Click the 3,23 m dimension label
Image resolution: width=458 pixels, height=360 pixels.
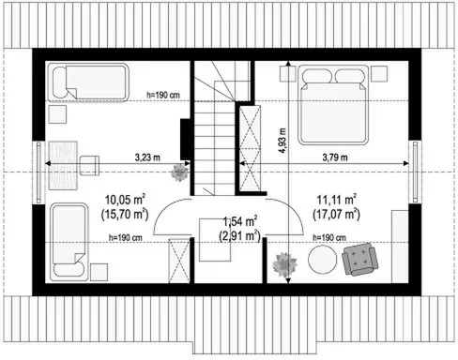pos(147,157)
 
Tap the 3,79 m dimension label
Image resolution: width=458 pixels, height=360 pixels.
pos(335,157)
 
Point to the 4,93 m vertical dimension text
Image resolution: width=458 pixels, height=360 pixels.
pos(282,141)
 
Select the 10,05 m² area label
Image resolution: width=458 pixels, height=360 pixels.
pos(125,200)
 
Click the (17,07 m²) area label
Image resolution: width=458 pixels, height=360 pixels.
pos(336,215)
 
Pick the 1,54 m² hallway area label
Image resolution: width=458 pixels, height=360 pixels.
pos(240,221)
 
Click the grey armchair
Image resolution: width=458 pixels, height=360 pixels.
pos(359,259)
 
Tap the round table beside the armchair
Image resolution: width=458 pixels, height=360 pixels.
pos(323,260)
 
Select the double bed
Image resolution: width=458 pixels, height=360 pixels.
pos(333,105)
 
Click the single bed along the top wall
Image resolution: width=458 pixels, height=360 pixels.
pos(87,82)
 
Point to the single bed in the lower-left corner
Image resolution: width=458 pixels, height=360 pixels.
pos(69,242)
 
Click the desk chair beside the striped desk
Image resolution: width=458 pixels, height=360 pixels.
pos(89,165)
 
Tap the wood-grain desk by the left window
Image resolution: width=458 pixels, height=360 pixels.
pos(63,165)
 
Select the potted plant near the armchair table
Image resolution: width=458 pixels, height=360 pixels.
pos(284,264)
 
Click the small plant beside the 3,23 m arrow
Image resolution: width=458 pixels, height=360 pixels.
pos(180,172)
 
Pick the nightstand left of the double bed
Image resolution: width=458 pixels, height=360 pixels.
pos(287,74)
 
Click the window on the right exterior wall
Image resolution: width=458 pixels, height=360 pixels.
pos(415,172)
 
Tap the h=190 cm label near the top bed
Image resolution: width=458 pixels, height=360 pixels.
pos(163,95)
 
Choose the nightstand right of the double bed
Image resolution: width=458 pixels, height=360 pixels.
pos(379,74)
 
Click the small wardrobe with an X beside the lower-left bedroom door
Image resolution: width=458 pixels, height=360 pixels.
pos(179,261)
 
